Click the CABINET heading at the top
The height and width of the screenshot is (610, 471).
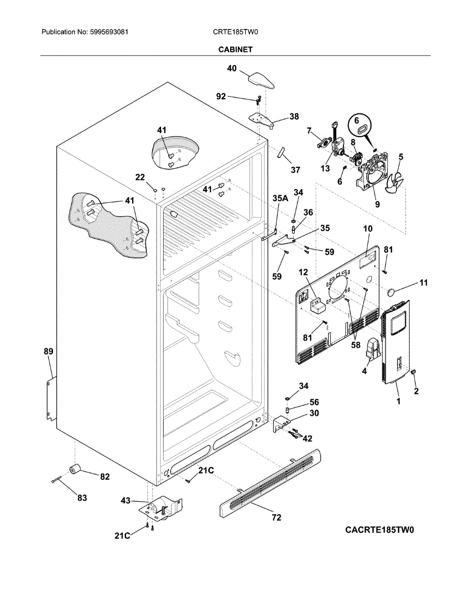(x=235, y=49)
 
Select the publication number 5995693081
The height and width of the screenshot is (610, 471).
(x=109, y=32)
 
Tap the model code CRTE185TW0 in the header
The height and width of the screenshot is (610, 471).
(x=235, y=32)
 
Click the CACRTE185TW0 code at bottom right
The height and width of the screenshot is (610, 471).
(x=379, y=530)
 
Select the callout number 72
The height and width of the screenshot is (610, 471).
(x=276, y=517)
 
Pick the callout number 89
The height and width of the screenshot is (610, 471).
(x=48, y=351)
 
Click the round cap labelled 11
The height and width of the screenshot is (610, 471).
(x=391, y=292)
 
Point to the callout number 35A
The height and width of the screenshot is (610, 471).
(x=280, y=198)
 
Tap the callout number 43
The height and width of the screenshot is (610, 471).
(x=125, y=500)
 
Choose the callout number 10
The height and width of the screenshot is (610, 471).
(x=368, y=229)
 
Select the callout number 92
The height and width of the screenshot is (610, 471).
(x=221, y=96)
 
